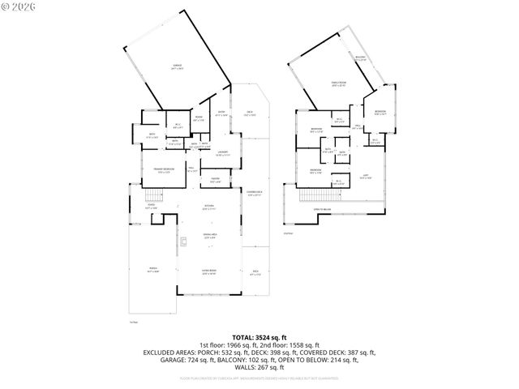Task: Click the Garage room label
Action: (x=176, y=66)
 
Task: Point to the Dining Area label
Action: (x=208, y=236)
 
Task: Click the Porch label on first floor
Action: (x=152, y=271)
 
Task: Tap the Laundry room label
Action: (x=220, y=153)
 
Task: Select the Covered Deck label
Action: (x=255, y=193)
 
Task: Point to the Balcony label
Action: (x=360, y=58)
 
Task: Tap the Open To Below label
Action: (x=323, y=209)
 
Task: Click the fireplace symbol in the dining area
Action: (x=185, y=240)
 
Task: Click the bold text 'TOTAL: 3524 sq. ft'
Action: (x=259, y=337)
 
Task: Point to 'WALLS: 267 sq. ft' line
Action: (x=259, y=367)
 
